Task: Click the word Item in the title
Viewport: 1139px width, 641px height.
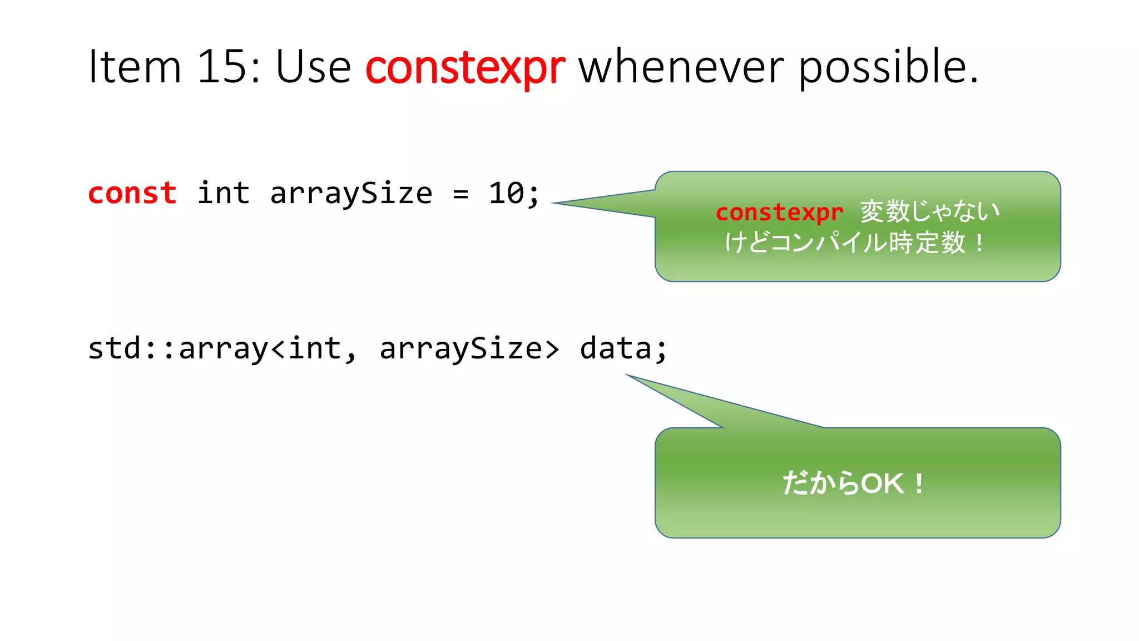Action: [135, 67]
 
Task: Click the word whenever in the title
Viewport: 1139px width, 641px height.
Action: [681, 67]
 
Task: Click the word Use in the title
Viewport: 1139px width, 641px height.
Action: [313, 67]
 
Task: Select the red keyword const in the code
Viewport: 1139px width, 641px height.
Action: [132, 194]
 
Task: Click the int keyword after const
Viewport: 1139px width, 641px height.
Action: [223, 194]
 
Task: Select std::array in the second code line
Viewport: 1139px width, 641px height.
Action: [178, 349]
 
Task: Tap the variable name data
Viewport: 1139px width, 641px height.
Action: [615, 349]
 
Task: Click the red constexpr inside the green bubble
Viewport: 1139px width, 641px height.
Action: [779, 213]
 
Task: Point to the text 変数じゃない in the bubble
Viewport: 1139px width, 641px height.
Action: [930, 211]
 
